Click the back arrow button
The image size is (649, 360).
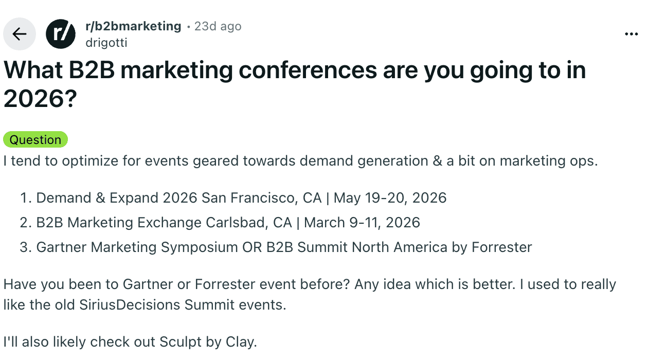tap(20, 34)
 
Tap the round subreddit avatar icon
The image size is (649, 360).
tap(61, 34)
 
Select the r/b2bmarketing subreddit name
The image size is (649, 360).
tap(133, 26)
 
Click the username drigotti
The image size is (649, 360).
tap(106, 43)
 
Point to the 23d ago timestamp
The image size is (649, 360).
tap(218, 26)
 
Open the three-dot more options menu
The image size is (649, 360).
tap(631, 34)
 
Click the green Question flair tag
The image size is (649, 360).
tap(35, 140)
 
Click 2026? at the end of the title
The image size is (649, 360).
tap(40, 98)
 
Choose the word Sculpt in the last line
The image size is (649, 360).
tap(179, 341)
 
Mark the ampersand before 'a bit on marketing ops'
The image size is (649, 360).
tap(438, 161)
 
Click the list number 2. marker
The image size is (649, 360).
tap(26, 222)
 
